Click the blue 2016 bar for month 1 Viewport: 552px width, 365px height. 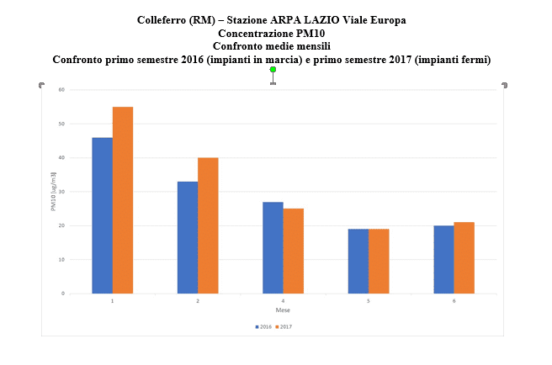[102, 215]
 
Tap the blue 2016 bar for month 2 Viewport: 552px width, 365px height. [187, 237]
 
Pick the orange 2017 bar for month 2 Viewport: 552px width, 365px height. [208, 225]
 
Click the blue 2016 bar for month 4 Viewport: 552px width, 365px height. [273, 247]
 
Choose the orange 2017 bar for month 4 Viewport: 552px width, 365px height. [293, 251]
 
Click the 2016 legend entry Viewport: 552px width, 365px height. [263, 326]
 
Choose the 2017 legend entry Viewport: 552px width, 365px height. [284, 326]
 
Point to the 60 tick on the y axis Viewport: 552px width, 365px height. [62, 90]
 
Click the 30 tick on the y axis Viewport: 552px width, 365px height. [62, 192]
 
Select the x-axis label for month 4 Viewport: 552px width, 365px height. [283, 301]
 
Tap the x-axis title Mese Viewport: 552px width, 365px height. [283, 309]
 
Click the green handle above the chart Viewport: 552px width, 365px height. [273, 70]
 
